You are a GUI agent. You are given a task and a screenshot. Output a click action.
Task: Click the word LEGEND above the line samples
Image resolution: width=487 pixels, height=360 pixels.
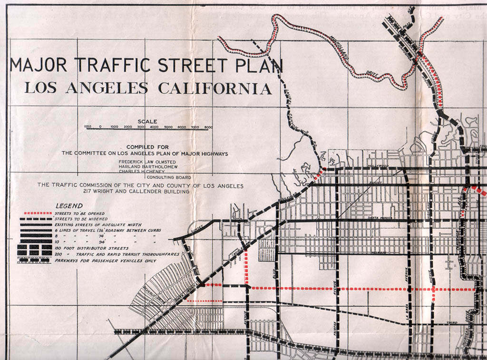69,206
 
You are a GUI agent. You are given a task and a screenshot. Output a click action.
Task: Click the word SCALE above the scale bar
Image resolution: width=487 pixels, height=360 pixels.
147,121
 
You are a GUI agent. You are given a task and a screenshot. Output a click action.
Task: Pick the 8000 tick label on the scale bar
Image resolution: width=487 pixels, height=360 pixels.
208,127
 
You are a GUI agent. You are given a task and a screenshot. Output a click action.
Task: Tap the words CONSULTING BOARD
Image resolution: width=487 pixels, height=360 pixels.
169,177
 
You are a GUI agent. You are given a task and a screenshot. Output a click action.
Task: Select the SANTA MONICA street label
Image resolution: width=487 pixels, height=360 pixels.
379,218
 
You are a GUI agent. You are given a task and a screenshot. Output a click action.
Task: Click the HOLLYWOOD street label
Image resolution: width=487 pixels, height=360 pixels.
378,166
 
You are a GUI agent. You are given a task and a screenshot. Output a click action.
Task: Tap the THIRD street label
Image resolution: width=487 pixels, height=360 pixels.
452,323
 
